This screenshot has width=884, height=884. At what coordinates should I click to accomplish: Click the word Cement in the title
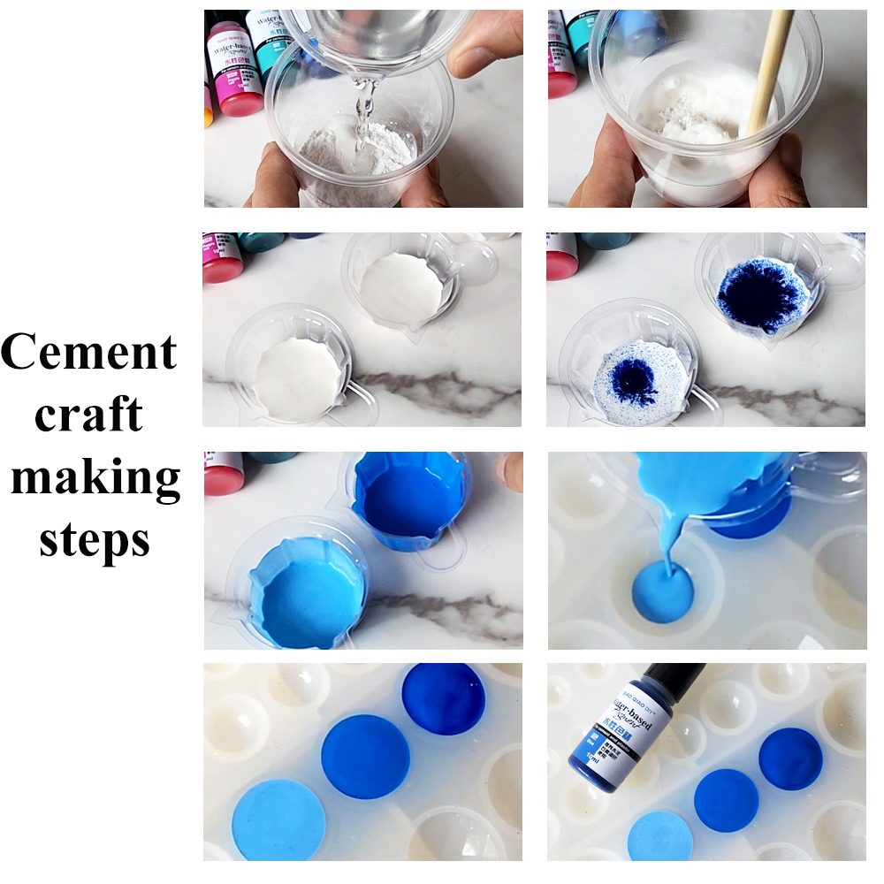[x=89, y=352]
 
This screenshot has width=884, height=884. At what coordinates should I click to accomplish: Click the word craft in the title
[x=89, y=414]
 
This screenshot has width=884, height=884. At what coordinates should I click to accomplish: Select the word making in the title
[x=95, y=477]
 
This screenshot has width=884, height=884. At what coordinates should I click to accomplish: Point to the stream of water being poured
[x=362, y=115]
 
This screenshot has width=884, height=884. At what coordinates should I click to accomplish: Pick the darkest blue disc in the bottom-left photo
[x=443, y=698]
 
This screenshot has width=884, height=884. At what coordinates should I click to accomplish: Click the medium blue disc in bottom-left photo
[x=365, y=757]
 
